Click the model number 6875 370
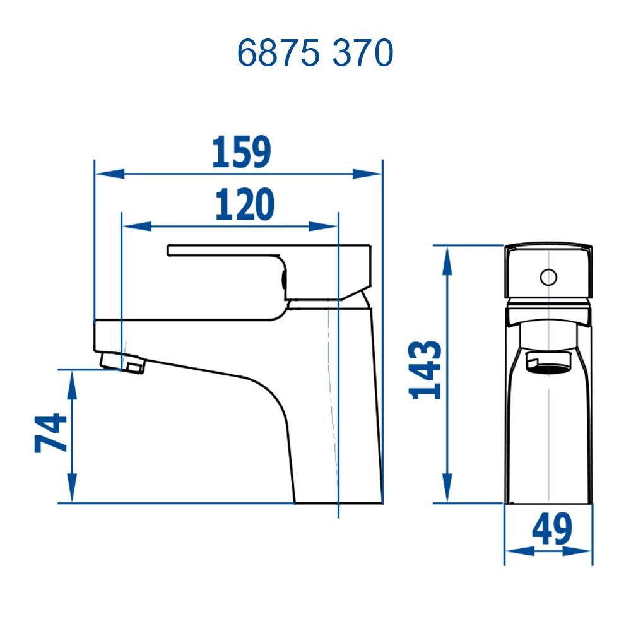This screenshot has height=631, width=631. pyautogui.click(x=315, y=54)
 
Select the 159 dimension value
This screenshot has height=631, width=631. pyautogui.click(x=241, y=153)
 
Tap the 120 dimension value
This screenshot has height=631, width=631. pyautogui.click(x=245, y=204)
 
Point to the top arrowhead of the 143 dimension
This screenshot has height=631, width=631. pyautogui.click(x=447, y=259)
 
